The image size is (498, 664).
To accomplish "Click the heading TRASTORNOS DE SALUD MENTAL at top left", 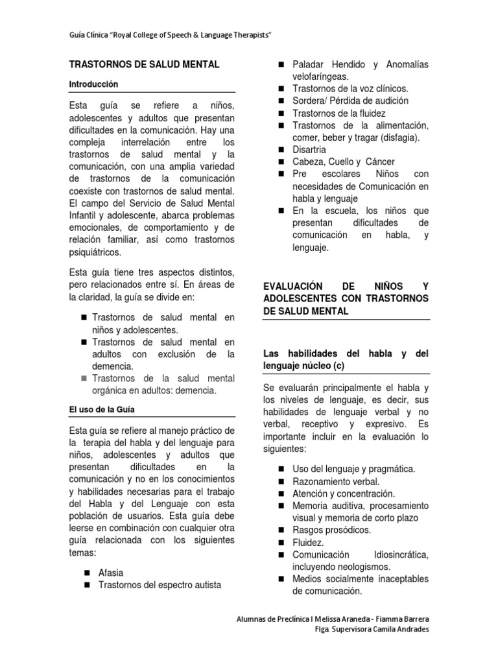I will pyautogui.click(x=144, y=65).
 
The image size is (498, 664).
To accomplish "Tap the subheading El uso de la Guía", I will pyautogui.click(x=101, y=410).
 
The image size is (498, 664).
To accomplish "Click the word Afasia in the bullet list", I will pyautogui.click(x=111, y=573).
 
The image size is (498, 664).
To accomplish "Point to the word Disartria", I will pyautogui.click(x=309, y=150).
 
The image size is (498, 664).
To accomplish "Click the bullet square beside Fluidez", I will pyautogui.click(x=281, y=543).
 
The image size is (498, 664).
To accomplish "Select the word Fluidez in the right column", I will pyautogui.click(x=308, y=543).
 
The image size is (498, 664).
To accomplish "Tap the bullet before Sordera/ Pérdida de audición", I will pyautogui.click(x=281, y=101).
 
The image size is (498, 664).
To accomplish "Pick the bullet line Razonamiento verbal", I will pyautogui.click(x=336, y=482).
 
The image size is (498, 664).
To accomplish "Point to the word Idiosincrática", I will pyautogui.click(x=401, y=555).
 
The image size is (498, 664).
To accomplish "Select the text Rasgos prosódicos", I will pyautogui.click(x=331, y=530).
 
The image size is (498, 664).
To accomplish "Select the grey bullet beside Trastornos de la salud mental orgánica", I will pyautogui.click(x=84, y=379).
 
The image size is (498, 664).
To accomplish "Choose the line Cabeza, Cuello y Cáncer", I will pyautogui.click(x=344, y=161).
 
